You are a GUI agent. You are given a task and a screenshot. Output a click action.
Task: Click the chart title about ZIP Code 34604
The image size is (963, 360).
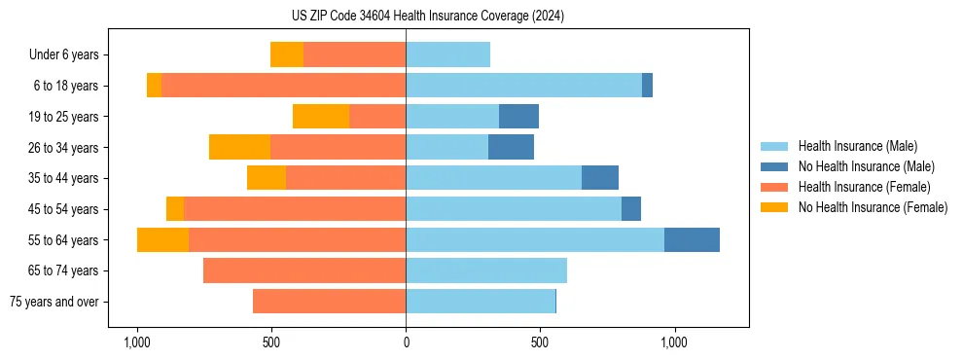coord(427,17)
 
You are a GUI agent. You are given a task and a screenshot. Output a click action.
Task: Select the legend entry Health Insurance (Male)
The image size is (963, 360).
coord(856,146)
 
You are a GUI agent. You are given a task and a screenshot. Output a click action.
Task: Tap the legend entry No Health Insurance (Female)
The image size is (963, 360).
coord(872,207)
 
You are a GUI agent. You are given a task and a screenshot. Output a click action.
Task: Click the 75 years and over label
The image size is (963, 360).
coord(54,302)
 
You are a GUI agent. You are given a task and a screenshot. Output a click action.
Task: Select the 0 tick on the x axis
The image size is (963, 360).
coord(406,342)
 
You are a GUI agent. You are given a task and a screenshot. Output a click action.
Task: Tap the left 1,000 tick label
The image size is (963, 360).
coord(136,342)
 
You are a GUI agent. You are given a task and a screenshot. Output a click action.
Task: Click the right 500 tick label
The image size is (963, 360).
coord(540,342)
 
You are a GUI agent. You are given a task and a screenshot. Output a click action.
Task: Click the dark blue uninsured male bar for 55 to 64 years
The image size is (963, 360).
coord(692,239)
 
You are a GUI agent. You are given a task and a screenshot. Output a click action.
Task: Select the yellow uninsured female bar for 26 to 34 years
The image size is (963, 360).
coord(239,147)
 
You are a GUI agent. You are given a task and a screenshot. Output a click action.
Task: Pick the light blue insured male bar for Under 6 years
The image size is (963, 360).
coord(447,55)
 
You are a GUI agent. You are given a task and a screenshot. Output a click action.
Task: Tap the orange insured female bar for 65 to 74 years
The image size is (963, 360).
coord(304,270)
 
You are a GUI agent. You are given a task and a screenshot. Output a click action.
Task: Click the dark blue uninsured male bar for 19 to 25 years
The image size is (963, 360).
coord(518,117)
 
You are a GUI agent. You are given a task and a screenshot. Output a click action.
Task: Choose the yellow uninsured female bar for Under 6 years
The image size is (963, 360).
coord(287,55)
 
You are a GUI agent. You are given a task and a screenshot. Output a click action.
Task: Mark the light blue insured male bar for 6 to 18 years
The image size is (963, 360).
coord(523,86)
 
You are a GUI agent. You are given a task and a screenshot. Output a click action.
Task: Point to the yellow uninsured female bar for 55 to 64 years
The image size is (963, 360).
coord(162,239)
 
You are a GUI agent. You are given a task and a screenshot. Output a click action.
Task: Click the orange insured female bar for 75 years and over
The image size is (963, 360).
coord(329,302)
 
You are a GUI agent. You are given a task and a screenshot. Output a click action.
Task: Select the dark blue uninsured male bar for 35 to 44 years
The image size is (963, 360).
coord(600,178)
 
